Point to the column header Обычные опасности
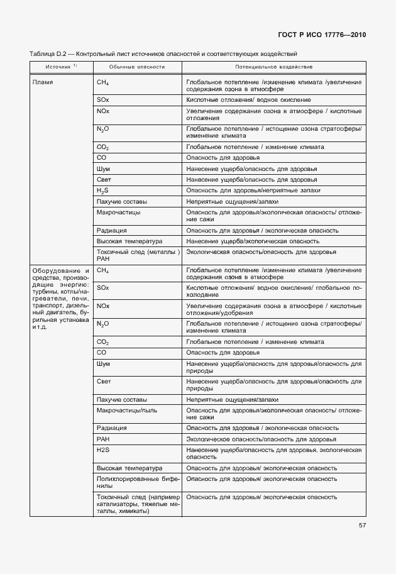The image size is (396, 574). pos(137,66)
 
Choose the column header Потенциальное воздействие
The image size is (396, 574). pos(273,66)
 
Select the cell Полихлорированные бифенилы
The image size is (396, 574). pos(137,482)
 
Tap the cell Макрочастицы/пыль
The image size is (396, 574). pos(127,410)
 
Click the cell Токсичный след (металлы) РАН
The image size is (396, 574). pos(137,255)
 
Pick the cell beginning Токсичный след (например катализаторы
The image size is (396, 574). pos(137,504)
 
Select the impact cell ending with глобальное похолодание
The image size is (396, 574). pos(273,290)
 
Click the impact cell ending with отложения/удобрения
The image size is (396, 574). pos(273,309)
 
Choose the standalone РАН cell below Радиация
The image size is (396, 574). pos(103,439)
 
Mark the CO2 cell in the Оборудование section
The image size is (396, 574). pos(103,342)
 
